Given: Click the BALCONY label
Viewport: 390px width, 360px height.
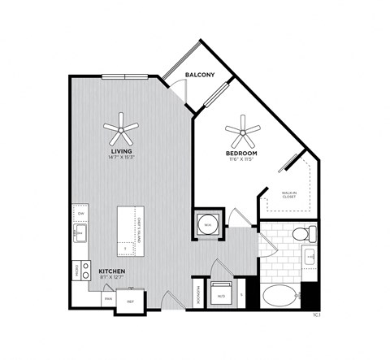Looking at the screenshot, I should coord(199,75).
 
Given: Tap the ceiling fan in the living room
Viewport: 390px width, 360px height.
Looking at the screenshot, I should coord(121,127).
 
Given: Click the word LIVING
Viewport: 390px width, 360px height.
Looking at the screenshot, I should coord(122,151).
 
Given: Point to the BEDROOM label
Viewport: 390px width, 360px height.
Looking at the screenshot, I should coord(242,153).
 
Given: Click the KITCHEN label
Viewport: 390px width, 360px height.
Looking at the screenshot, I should coord(112,271).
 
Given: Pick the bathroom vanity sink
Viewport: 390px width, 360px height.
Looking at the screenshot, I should coord(310,258).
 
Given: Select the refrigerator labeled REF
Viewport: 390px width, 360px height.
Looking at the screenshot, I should coord(130,301).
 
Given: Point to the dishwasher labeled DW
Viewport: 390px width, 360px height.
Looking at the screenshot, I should coord(81,214).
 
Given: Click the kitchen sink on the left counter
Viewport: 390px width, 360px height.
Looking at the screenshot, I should coord(80,235).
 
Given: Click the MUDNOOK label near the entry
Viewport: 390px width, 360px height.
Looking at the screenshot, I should coord(198,293).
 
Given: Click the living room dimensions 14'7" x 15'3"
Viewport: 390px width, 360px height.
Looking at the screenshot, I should coord(122,158).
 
